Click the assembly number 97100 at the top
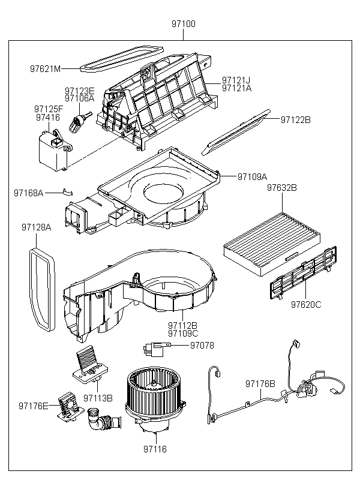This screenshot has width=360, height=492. point(183,24)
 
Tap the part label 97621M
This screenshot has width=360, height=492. point(45,69)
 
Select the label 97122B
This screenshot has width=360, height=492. point(295,120)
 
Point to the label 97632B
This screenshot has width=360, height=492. point(282,188)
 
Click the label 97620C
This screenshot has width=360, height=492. point(306,304)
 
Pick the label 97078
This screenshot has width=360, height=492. point(202,346)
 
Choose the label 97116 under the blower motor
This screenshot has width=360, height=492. point(155,449)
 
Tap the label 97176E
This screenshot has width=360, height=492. point(34,406)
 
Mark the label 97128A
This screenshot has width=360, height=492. point(36,227)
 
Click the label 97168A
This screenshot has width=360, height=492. point(29,193)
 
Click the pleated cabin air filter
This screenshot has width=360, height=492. point(273,244)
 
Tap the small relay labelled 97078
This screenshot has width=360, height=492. point(155,347)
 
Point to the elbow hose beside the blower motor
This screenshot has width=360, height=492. point(103,420)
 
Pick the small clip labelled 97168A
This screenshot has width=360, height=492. point(68,192)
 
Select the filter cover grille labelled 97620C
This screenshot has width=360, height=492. point(304,273)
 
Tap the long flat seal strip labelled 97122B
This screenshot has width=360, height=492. point(236,132)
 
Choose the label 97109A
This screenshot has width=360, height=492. point(252,177)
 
